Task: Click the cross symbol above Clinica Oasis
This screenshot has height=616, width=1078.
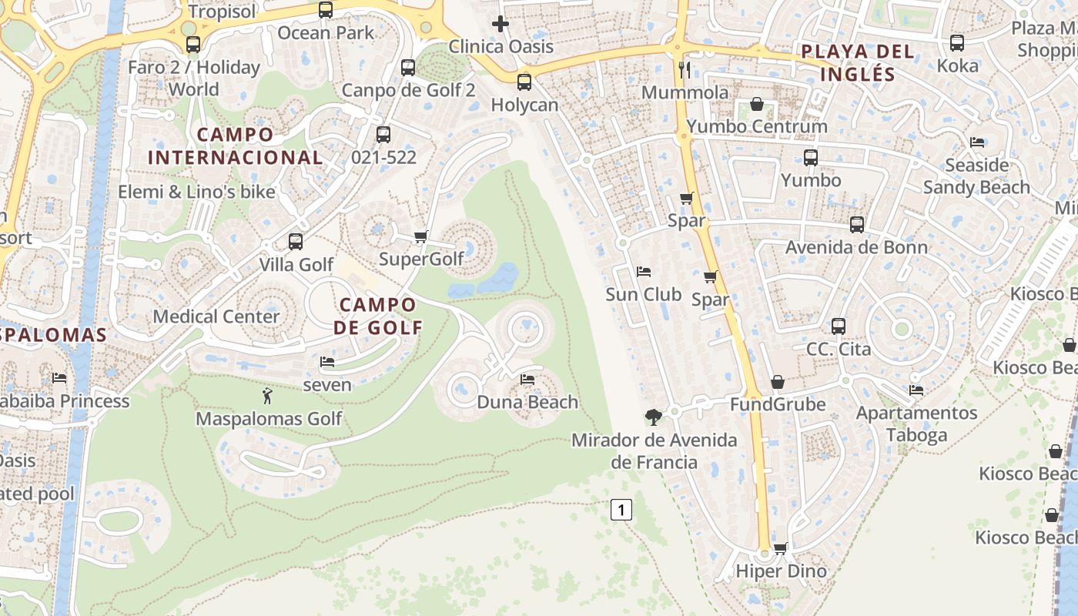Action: click(500, 24)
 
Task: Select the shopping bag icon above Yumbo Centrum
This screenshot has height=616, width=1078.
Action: click(757, 104)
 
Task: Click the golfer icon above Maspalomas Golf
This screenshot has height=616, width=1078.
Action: click(267, 396)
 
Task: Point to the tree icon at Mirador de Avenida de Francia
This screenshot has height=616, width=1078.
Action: click(654, 417)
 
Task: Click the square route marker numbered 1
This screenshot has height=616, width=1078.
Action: click(621, 509)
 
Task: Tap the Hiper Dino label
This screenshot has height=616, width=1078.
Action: click(781, 571)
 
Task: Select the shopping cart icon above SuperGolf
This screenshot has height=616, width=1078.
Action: click(420, 236)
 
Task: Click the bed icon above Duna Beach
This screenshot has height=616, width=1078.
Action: click(527, 379)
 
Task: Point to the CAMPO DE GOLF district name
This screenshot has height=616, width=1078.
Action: click(379, 316)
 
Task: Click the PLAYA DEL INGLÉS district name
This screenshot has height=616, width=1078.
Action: click(858, 63)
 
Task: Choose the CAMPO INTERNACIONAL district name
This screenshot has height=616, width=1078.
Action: click(235, 146)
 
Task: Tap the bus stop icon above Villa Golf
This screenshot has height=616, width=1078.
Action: click(296, 242)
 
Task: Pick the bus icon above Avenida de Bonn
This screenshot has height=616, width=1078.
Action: click(857, 225)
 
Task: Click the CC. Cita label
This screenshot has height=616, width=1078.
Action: click(839, 349)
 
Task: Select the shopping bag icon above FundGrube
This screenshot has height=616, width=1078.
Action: click(778, 382)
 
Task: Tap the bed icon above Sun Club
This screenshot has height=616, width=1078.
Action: click(644, 272)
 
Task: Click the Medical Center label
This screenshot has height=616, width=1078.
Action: click(216, 316)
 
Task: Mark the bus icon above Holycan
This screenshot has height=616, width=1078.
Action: click(524, 82)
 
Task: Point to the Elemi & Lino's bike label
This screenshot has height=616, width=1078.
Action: click(196, 192)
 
